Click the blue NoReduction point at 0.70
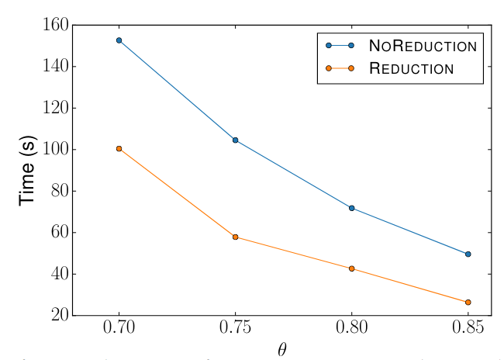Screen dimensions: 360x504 pos(119,40)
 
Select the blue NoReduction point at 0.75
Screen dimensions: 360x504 pos(236,140)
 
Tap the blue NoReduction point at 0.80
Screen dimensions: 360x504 pos(352,208)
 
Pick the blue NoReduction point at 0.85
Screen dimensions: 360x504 pos(468,254)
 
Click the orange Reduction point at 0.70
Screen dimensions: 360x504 pos(119,148)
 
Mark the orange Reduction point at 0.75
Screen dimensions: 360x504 pos(236,237)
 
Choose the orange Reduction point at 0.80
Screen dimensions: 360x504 pos(352,268)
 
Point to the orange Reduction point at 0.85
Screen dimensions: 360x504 pos(468,302)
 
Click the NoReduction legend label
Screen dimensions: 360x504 pos(423,46)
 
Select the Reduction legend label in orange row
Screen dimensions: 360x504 pos(411,68)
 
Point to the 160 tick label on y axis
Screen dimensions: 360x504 pos(52,26)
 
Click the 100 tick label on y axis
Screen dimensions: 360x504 pos(52,150)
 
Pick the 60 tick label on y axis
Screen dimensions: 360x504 pos(57,233)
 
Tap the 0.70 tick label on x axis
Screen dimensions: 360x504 pos(119,331)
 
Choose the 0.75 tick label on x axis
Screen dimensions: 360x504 pos(236,331)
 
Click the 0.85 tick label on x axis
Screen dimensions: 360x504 pos(468,331)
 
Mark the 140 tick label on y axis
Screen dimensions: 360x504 pos(52,67)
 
